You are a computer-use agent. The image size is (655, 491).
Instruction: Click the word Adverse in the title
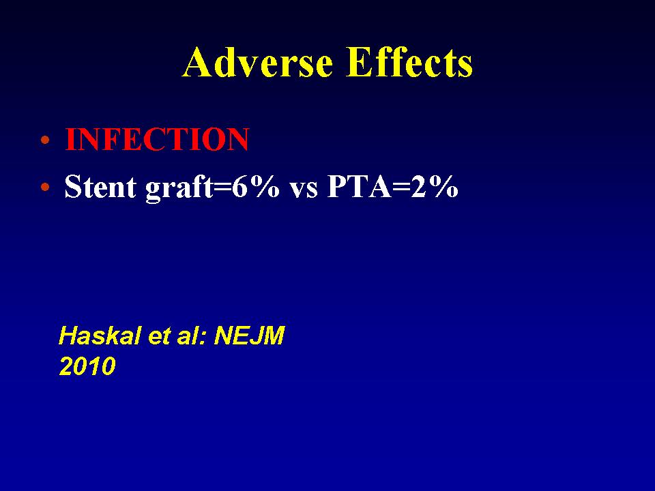pos(258,62)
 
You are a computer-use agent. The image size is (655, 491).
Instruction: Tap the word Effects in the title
pos(410,62)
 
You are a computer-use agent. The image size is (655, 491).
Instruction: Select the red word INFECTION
pos(157,139)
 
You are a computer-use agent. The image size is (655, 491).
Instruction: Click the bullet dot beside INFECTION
pos(45,140)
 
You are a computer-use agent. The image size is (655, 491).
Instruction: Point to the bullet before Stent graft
pos(45,187)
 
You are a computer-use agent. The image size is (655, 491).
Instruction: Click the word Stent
pos(101,186)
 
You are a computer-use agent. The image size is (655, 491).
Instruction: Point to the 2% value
pos(435,186)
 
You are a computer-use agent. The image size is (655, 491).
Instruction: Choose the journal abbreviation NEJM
pos(249,336)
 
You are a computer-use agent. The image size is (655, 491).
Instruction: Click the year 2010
pos(87,366)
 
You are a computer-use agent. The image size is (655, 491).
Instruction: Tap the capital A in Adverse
pos(196,62)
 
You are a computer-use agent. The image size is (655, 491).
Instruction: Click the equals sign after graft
pos(222,188)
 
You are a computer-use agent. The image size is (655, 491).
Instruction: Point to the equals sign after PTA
pos(401,188)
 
